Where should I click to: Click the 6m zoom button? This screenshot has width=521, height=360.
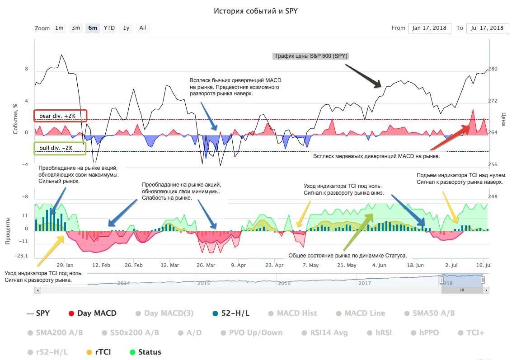pyautogui.click(x=93, y=28)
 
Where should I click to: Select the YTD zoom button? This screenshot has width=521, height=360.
pyautogui.click(x=109, y=28)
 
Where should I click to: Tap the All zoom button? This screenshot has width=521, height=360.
pyautogui.click(x=143, y=28)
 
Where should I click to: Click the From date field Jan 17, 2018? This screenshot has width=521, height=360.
pyautogui.click(x=430, y=28)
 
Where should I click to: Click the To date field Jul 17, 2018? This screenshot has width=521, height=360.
pyautogui.click(x=487, y=28)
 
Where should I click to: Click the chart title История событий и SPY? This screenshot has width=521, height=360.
pyautogui.click(x=256, y=11)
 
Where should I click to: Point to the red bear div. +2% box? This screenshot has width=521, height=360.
pyautogui.click(x=60, y=116)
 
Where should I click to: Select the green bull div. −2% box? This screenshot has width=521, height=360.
pyautogui.click(x=60, y=148)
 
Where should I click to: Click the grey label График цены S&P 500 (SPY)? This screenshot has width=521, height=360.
pyautogui.click(x=310, y=56)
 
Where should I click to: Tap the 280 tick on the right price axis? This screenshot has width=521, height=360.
pyautogui.click(x=493, y=69)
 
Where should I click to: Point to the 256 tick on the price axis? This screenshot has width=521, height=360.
pyautogui.click(x=493, y=164)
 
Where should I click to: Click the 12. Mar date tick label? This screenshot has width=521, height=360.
pyautogui.click(x=170, y=265)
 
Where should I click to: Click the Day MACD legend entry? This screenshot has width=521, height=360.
pyautogui.click(x=92, y=313)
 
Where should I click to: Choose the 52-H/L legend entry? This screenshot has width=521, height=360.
pyautogui.click(x=231, y=313)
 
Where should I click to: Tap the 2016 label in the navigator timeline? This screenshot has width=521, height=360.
pyautogui.click(x=284, y=283)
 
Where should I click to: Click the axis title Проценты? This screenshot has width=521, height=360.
pyautogui.click(x=8, y=231)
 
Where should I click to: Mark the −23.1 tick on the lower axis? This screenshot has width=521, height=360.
pyautogui.click(x=21, y=256)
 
